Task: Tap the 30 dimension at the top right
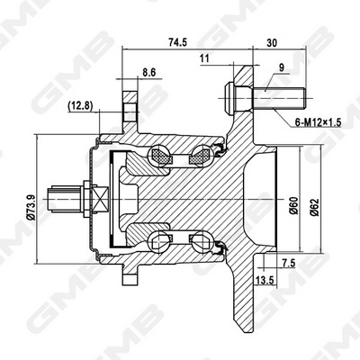[272, 41]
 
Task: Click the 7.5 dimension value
[287, 263]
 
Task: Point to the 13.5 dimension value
[267, 280]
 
